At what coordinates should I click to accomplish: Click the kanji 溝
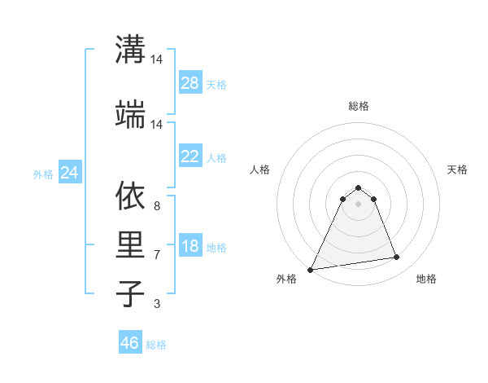(x=130, y=50)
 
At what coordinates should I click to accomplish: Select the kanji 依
(x=130, y=196)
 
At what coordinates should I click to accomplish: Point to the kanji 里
(x=130, y=244)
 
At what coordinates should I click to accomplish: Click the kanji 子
(x=130, y=293)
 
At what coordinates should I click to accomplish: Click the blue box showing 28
(x=190, y=83)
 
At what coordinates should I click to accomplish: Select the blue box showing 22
(x=190, y=156)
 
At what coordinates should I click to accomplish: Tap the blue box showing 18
(x=190, y=246)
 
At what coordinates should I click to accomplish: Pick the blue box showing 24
(x=69, y=173)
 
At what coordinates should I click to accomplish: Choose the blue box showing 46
(x=130, y=343)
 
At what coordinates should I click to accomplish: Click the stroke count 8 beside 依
(x=156, y=207)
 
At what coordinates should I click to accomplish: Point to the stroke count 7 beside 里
(x=156, y=255)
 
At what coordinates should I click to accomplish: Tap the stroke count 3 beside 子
(x=156, y=304)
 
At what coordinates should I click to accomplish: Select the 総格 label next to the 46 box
(x=156, y=345)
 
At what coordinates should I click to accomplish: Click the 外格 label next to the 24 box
(x=43, y=174)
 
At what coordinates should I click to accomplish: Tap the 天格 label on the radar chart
(x=457, y=169)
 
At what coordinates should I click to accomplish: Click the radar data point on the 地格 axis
(x=397, y=258)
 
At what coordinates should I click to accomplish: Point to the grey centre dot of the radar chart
(x=358, y=203)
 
